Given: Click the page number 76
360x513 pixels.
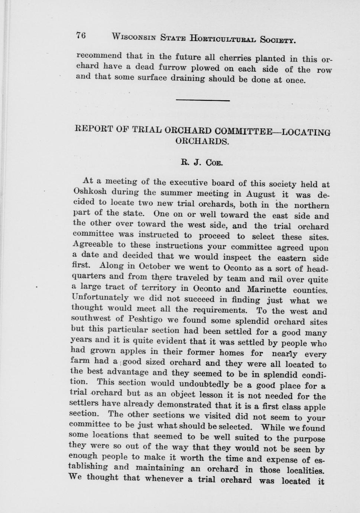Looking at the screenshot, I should pyautogui.click(x=81, y=35).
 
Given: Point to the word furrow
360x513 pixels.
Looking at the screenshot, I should pyautogui.click(x=174, y=68).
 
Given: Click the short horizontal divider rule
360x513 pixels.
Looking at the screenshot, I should pyautogui.click(x=202, y=100).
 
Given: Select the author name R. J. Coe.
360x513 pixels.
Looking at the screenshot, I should pyautogui.click(x=201, y=162).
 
